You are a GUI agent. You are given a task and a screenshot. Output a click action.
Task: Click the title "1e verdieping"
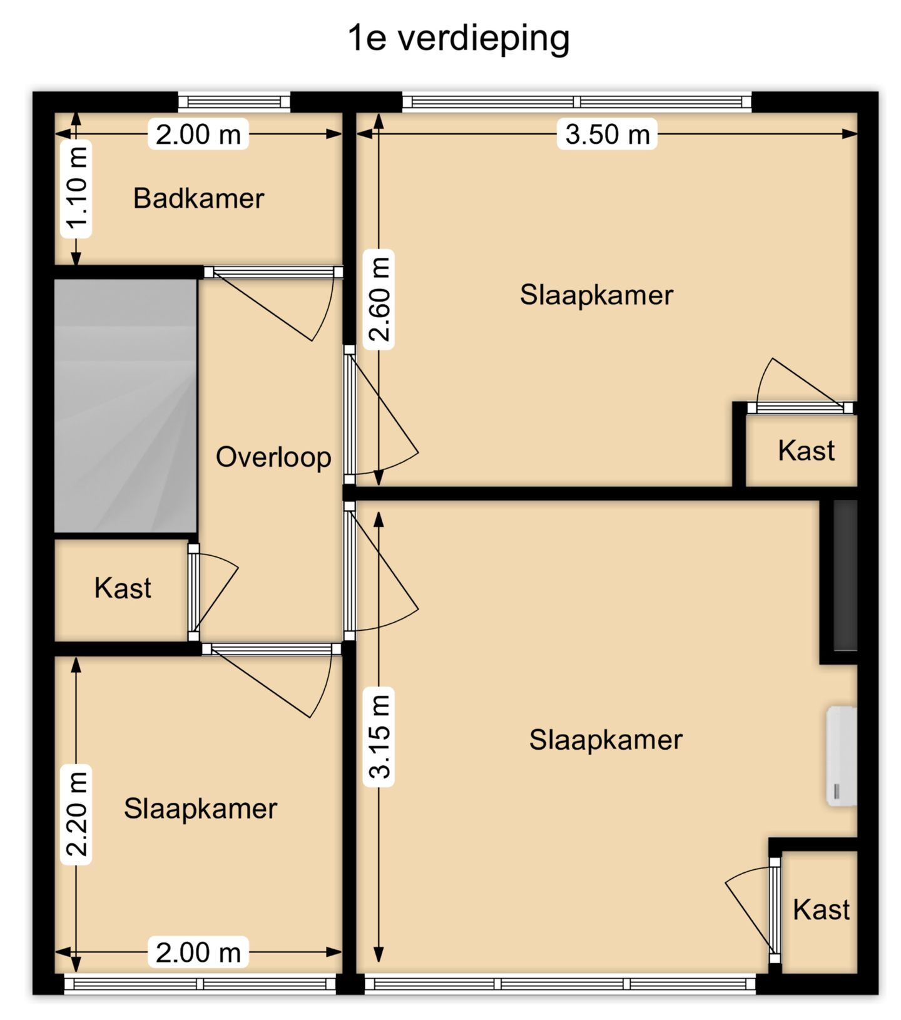tap(458, 39)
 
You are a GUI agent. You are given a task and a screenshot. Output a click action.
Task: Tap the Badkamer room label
tap(198, 198)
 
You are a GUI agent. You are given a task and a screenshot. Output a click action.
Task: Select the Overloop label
tap(273, 457)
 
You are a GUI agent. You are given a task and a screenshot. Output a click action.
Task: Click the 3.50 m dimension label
tap(607, 134)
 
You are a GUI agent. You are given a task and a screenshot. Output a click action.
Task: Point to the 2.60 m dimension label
tap(379, 299)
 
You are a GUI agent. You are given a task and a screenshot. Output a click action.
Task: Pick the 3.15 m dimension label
tap(379, 737)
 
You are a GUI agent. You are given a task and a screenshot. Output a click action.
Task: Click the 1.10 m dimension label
tap(76, 189)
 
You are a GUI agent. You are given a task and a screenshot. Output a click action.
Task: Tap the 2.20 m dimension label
tap(76, 815)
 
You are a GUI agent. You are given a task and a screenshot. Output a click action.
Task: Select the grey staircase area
tap(126, 406)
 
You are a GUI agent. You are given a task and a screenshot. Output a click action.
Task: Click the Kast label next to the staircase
tap(123, 588)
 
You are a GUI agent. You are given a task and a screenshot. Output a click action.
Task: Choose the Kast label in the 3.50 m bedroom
tap(806, 451)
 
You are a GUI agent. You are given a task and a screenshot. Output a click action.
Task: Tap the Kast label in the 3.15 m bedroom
tap(821, 910)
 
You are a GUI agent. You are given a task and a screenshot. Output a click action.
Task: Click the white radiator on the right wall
tap(842, 756)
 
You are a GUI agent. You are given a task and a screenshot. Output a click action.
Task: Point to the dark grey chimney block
tap(845, 575)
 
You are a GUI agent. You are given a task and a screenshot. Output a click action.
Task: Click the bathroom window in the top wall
tap(234, 102)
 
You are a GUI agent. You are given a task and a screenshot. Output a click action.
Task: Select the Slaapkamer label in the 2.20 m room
tap(200, 808)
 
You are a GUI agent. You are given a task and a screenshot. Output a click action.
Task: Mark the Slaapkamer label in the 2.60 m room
tap(596, 295)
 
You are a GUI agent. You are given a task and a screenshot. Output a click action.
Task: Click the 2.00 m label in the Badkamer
tap(198, 134)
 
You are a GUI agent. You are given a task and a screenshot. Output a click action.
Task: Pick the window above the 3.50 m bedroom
tap(576, 102)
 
